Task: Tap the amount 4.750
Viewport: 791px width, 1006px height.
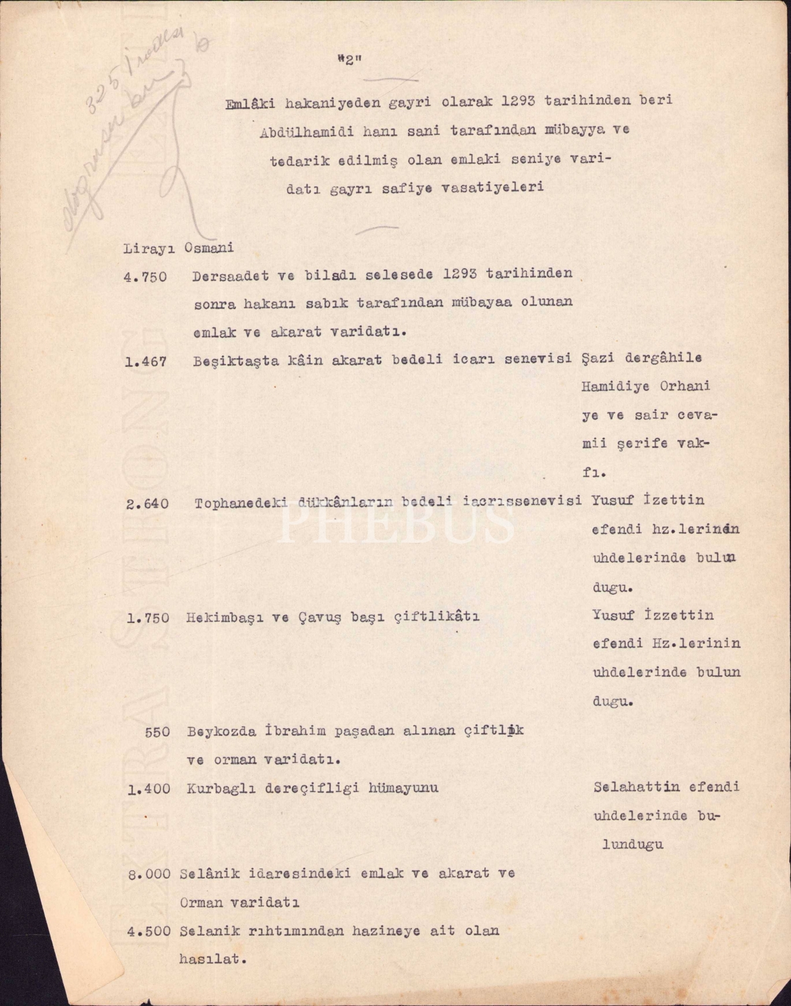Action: (x=145, y=276)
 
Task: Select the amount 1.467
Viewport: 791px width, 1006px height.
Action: (x=145, y=363)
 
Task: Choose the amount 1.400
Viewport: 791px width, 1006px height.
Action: (x=148, y=789)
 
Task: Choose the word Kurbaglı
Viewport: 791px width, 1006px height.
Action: (x=216, y=788)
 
